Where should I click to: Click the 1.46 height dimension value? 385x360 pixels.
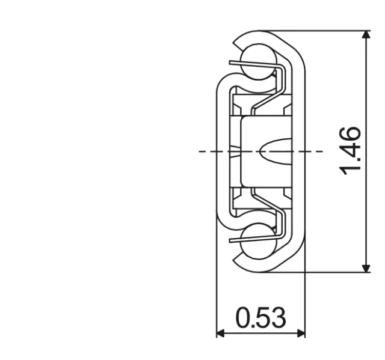pos(350,150)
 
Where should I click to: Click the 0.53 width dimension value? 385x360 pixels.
pos(260,318)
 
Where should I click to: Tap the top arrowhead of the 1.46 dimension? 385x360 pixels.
pos(366,35)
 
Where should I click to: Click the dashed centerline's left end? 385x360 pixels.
pos(201,151)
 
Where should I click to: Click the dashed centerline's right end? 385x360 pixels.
pos(321,151)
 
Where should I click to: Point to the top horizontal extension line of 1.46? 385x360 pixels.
pos(325,31)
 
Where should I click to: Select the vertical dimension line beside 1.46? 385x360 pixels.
pos(366,90)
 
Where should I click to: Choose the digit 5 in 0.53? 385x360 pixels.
pos(260,318)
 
